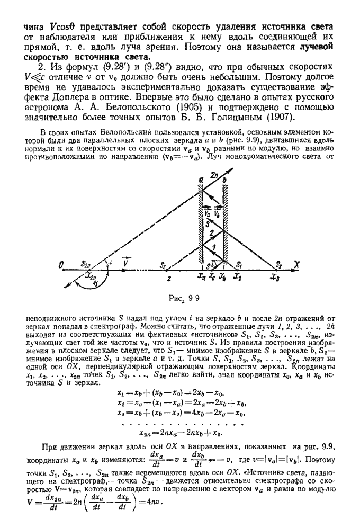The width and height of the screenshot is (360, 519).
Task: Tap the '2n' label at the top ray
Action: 213,173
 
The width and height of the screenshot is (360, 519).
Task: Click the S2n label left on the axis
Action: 86,263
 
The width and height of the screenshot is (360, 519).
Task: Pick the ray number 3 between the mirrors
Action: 208,224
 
